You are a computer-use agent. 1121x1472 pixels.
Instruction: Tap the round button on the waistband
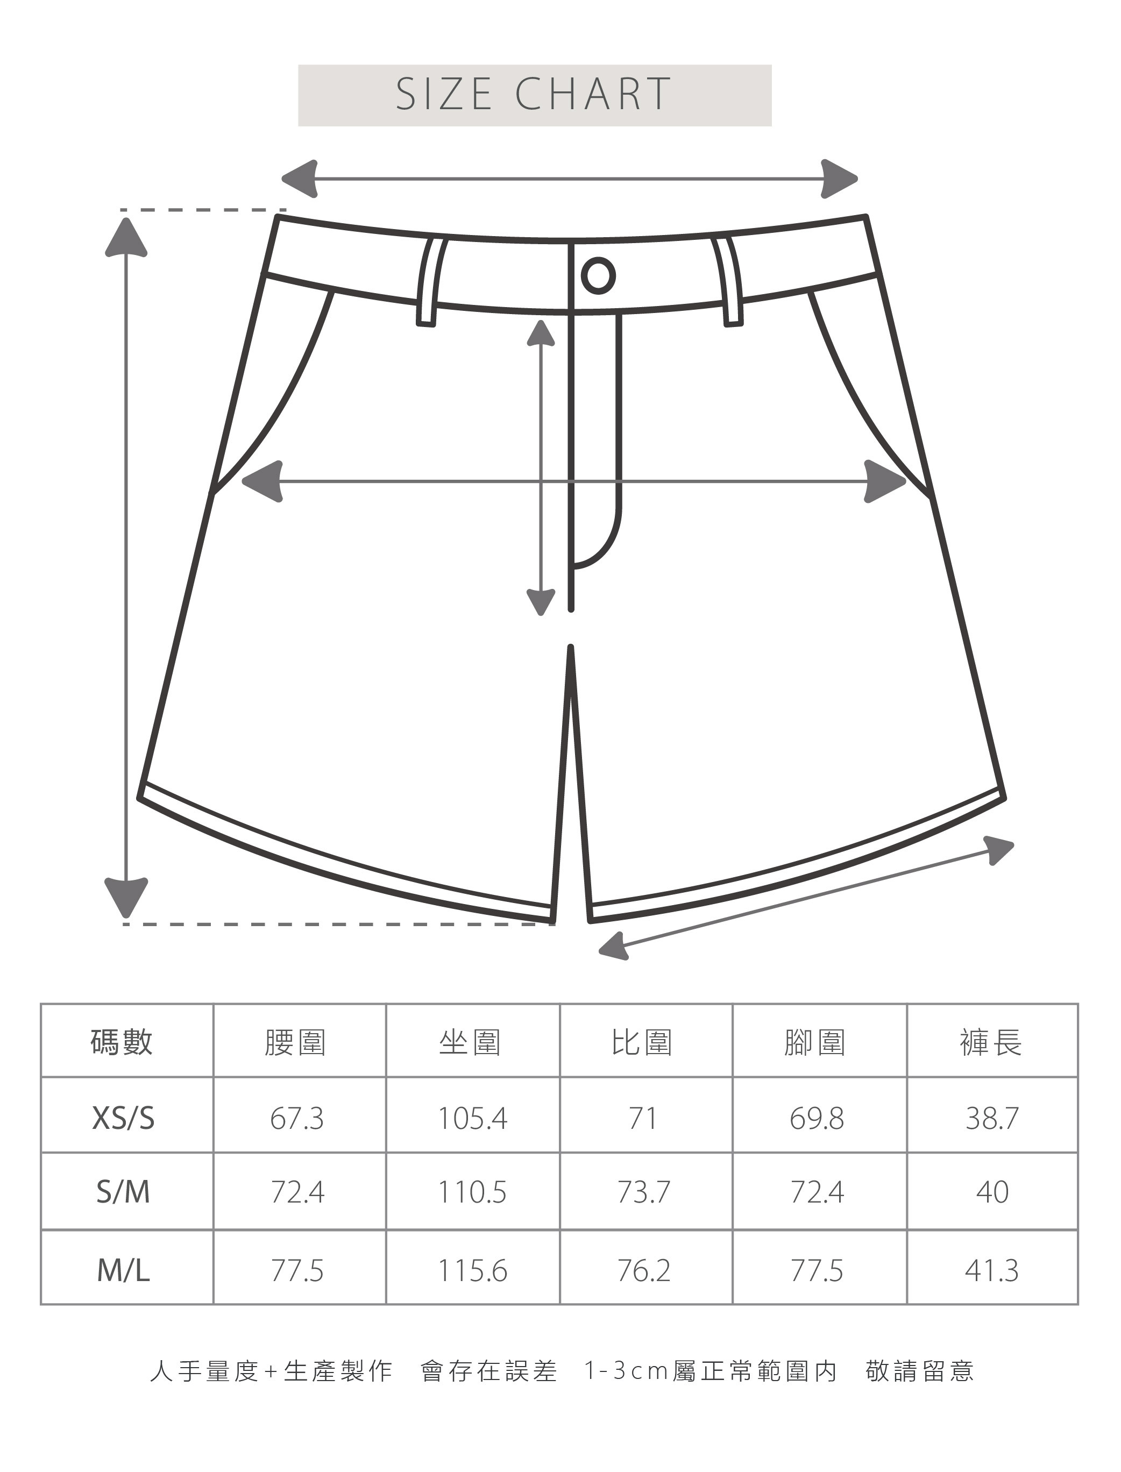598,275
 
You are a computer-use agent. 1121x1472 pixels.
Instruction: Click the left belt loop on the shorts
430,281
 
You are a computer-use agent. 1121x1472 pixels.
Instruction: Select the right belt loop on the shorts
729,281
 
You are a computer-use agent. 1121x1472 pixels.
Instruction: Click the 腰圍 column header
296,1042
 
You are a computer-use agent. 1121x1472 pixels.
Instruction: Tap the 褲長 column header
991,1042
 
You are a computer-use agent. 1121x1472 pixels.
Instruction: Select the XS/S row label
123,1118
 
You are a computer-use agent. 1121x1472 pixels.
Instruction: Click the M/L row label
123,1270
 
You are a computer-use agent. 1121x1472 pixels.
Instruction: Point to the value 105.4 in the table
472,1118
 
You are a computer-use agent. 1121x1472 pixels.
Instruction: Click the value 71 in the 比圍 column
643,1118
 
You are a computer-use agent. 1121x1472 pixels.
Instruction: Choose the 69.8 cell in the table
817,1118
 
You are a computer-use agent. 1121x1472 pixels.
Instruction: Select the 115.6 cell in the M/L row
472,1270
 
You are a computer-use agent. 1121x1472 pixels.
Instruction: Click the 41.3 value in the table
991,1270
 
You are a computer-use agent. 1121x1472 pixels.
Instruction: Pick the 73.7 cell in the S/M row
643,1192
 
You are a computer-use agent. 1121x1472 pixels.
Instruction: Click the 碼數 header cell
122,1042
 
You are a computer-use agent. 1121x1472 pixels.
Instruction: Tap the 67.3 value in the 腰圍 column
297,1118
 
